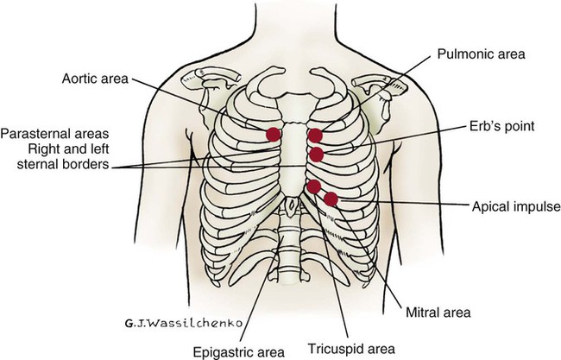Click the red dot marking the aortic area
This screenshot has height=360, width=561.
[274, 134]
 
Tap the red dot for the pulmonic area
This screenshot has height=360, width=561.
[316, 135]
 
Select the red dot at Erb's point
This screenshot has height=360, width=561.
[317, 155]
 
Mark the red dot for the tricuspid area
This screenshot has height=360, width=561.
[314, 186]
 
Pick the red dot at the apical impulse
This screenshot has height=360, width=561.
[331, 199]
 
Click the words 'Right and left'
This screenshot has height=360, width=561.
[76, 148]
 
